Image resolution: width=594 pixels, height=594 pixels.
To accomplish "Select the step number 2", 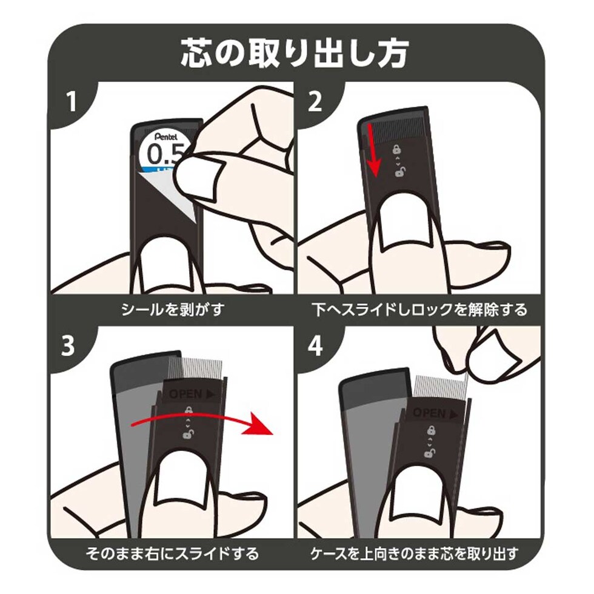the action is (x=315, y=101).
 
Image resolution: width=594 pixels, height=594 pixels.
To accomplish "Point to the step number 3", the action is (x=68, y=346).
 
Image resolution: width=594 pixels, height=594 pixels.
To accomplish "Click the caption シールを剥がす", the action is (x=173, y=310).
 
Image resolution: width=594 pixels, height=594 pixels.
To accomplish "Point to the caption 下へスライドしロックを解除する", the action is (x=419, y=310).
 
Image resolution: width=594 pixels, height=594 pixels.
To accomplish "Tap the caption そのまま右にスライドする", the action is (x=172, y=553).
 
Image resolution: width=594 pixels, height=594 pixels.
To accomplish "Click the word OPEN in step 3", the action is (x=185, y=394).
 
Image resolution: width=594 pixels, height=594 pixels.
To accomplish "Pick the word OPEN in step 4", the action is (x=429, y=413).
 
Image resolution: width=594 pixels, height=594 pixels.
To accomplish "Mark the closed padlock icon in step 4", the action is (x=431, y=430).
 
